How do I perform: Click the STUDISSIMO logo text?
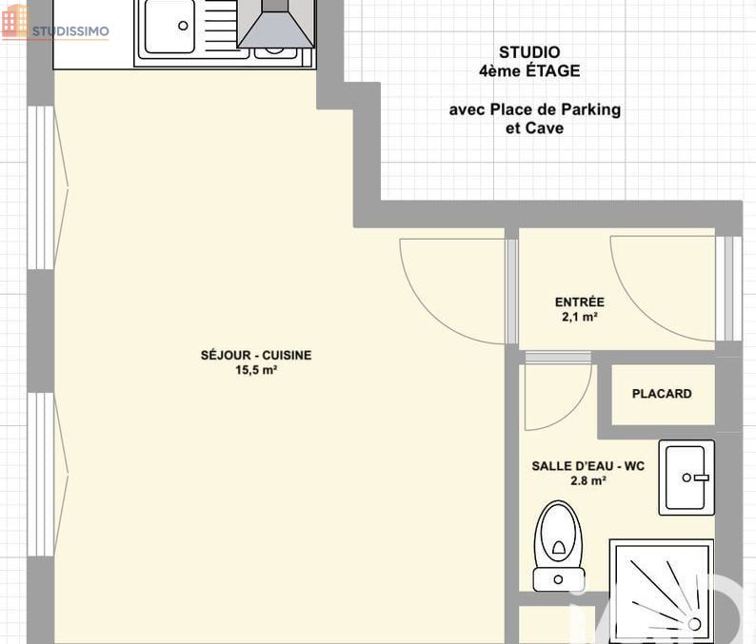[70, 31]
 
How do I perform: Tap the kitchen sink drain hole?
[183, 26]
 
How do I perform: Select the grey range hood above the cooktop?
[276, 24]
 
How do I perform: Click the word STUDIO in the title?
[529, 52]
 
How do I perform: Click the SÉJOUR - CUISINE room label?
[256, 355]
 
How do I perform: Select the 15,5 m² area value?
[256, 370]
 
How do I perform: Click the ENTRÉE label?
[580, 302]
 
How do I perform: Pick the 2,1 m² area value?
[580, 317]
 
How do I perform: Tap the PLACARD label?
[662, 394]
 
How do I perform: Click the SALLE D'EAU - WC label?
[587, 466]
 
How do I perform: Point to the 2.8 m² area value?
[587, 480]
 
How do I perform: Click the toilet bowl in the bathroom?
[559, 535]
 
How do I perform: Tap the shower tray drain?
[694, 624]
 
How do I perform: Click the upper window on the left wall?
[41, 187]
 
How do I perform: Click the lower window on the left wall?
[41, 475]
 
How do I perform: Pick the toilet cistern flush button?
[558, 579]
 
